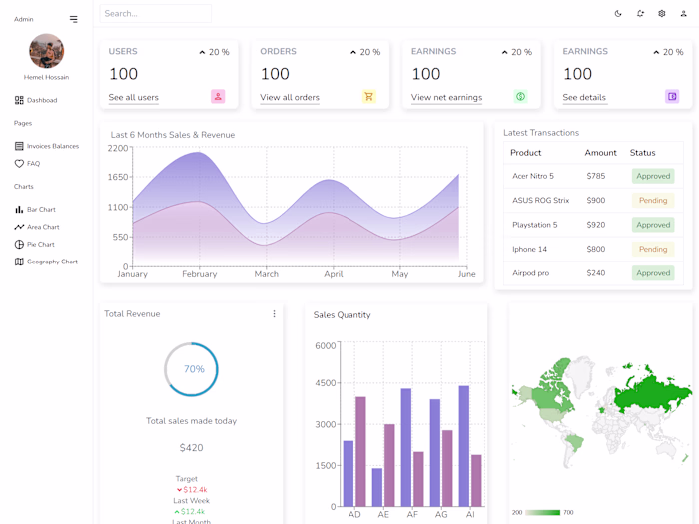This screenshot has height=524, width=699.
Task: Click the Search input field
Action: tap(156, 14)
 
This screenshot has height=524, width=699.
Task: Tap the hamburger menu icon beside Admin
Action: tap(73, 19)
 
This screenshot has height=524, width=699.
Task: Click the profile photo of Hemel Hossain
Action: tap(46, 51)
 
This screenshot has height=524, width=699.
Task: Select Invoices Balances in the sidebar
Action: tap(52, 146)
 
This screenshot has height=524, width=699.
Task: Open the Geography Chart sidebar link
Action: tap(51, 262)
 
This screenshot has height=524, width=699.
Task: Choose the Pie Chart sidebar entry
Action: tap(40, 244)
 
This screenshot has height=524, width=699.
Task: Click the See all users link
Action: tap(133, 97)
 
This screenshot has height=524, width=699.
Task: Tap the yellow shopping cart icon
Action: tap(368, 97)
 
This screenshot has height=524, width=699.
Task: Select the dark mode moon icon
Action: tap(618, 14)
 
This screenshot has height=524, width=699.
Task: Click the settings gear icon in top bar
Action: tap(662, 14)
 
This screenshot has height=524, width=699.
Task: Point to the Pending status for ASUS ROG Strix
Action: tap(653, 200)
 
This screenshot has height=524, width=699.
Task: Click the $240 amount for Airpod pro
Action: tap(595, 273)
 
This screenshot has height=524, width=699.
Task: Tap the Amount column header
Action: tap(600, 153)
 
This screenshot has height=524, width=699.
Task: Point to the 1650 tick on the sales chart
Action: tap(118, 177)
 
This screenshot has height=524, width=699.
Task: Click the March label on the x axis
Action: tap(266, 274)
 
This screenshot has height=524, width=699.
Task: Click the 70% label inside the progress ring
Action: tap(194, 369)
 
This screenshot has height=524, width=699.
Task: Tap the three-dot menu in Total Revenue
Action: tap(274, 314)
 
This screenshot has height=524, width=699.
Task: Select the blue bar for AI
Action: tap(463, 445)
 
